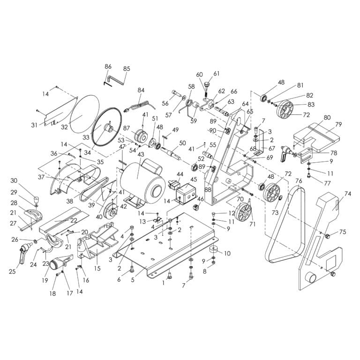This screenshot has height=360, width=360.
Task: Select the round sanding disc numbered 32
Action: [84, 115]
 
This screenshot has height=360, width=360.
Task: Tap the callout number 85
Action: [126, 69]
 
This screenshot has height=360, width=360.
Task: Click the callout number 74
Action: [347, 193]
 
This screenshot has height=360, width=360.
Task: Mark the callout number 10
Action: [227, 254]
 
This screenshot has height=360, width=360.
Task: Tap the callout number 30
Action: [14, 180]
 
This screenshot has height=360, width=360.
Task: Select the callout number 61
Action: [216, 74]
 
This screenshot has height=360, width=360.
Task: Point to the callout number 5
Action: [133, 280]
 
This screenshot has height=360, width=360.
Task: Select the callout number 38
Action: [70, 200]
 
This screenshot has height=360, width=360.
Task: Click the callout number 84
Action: [141, 90]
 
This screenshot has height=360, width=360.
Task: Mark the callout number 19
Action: [45, 280]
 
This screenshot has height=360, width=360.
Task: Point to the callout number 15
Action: [97, 269]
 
